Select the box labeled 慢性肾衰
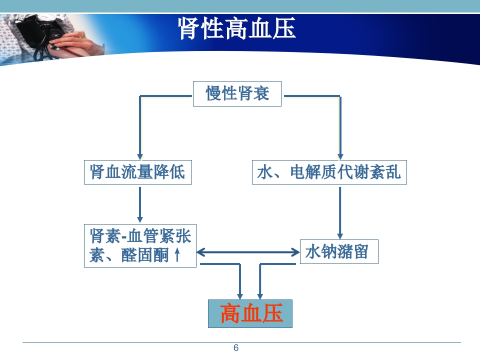(237, 93)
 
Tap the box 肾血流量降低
(137, 172)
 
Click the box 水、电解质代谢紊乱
(329, 172)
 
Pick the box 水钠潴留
(338, 251)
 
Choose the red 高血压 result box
(250, 314)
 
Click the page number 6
(236, 348)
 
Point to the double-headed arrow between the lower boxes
(248, 252)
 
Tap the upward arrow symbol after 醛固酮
(177, 255)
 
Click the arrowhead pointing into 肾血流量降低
(140, 155)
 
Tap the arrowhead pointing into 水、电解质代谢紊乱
(340, 155)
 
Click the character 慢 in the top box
(213, 93)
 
